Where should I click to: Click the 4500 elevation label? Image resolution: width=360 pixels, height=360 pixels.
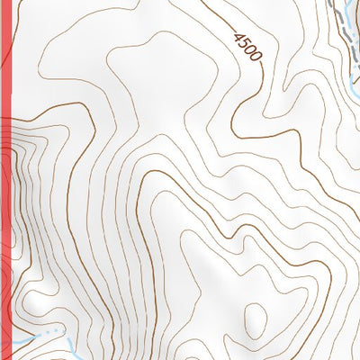[247, 47]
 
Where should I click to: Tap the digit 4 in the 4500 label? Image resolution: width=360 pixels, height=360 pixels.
[239, 39]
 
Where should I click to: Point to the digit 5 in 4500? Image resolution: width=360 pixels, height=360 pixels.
[244, 44]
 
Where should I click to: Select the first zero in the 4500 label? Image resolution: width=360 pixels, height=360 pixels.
[249, 50]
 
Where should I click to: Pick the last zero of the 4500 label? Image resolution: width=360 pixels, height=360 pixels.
[255, 57]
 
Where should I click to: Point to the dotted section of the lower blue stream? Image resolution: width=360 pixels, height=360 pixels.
[56, 332]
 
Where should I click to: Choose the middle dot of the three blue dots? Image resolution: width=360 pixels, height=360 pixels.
[56, 332]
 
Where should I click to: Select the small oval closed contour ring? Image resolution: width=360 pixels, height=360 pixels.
[256, 319]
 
